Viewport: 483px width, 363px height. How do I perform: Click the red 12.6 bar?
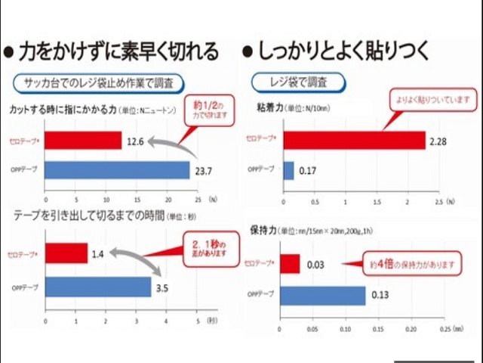(82, 141)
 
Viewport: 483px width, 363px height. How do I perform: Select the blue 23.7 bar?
(116, 170)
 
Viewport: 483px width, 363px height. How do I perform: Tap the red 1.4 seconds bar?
(66, 253)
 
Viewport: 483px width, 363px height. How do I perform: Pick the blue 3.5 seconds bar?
(98, 287)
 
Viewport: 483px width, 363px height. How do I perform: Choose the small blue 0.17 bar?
(288, 170)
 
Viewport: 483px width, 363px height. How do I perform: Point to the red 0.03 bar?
(290, 263)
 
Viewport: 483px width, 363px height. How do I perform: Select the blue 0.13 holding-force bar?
(322, 295)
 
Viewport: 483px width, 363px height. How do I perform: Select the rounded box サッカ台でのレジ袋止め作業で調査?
(99, 82)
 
